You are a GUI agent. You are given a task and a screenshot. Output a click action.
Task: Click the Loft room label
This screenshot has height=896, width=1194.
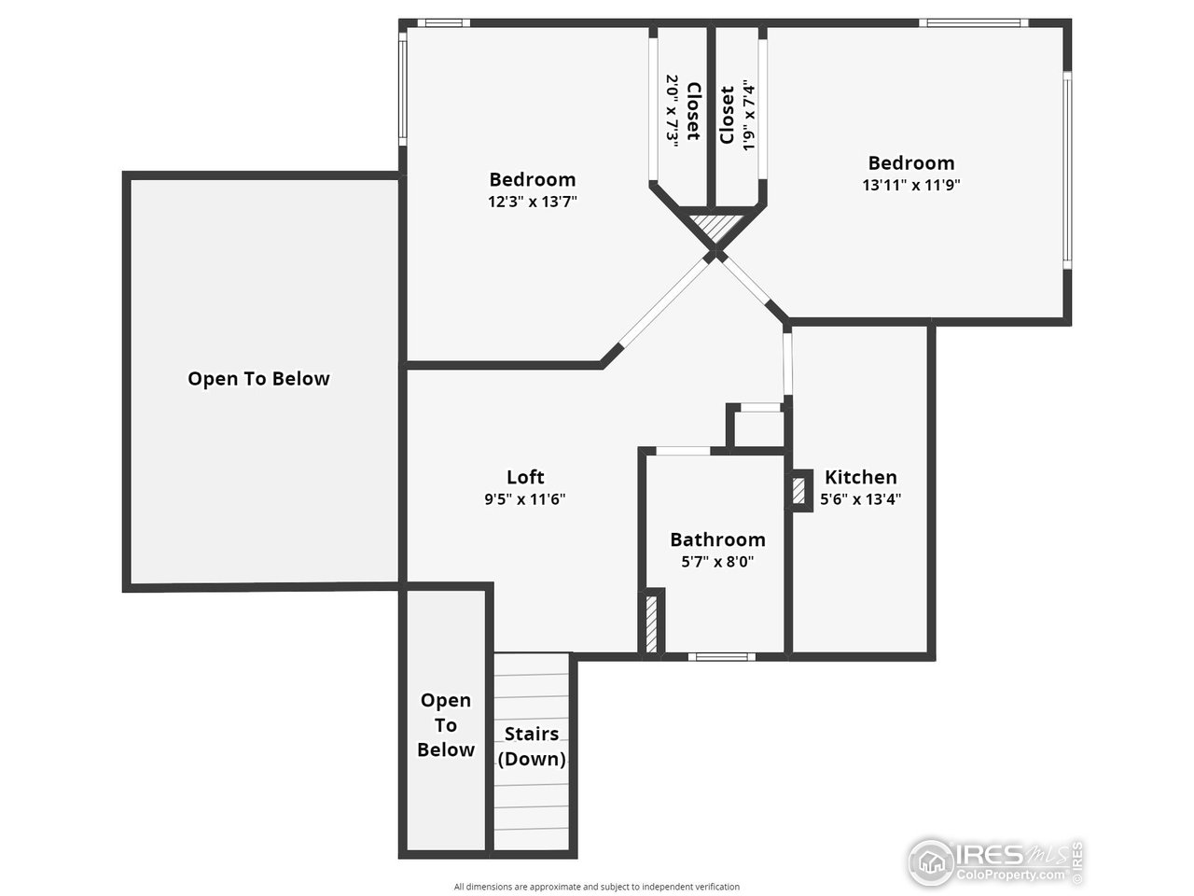[x=525, y=477]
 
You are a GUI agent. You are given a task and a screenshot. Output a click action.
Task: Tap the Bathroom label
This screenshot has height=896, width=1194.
[x=717, y=539]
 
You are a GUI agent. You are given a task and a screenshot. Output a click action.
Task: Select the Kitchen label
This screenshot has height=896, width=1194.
[x=860, y=477]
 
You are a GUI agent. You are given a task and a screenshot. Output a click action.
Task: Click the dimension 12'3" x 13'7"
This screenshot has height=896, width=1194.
[x=533, y=201]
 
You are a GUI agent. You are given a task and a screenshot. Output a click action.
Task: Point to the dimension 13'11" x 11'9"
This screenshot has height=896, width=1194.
[x=910, y=185]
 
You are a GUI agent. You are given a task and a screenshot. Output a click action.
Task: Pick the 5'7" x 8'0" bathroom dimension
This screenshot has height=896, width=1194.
[x=717, y=562]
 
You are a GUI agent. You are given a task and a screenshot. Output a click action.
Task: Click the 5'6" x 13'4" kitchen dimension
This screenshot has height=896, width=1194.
[x=860, y=499]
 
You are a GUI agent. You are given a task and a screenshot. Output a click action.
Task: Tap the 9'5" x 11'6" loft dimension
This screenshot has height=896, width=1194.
[x=525, y=499]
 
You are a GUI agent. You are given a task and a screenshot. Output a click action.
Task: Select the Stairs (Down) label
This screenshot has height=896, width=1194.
[x=532, y=746]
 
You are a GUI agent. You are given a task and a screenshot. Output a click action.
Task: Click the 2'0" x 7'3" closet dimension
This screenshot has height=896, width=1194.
[x=672, y=108]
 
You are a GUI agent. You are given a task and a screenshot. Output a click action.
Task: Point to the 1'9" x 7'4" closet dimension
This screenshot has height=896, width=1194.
[x=747, y=115]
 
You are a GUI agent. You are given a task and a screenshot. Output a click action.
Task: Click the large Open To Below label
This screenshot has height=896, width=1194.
[x=258, y=379]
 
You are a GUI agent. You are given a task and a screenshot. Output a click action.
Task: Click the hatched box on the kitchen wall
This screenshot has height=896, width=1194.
[x=798, y=492]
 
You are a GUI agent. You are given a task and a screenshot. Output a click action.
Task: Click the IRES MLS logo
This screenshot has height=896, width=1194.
[x=994, y=861]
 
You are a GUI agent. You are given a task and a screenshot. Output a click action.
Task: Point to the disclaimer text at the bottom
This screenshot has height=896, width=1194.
[x=596, y=887]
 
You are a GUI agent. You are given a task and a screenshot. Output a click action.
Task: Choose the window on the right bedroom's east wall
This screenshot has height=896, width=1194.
[x=1067, y=170]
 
